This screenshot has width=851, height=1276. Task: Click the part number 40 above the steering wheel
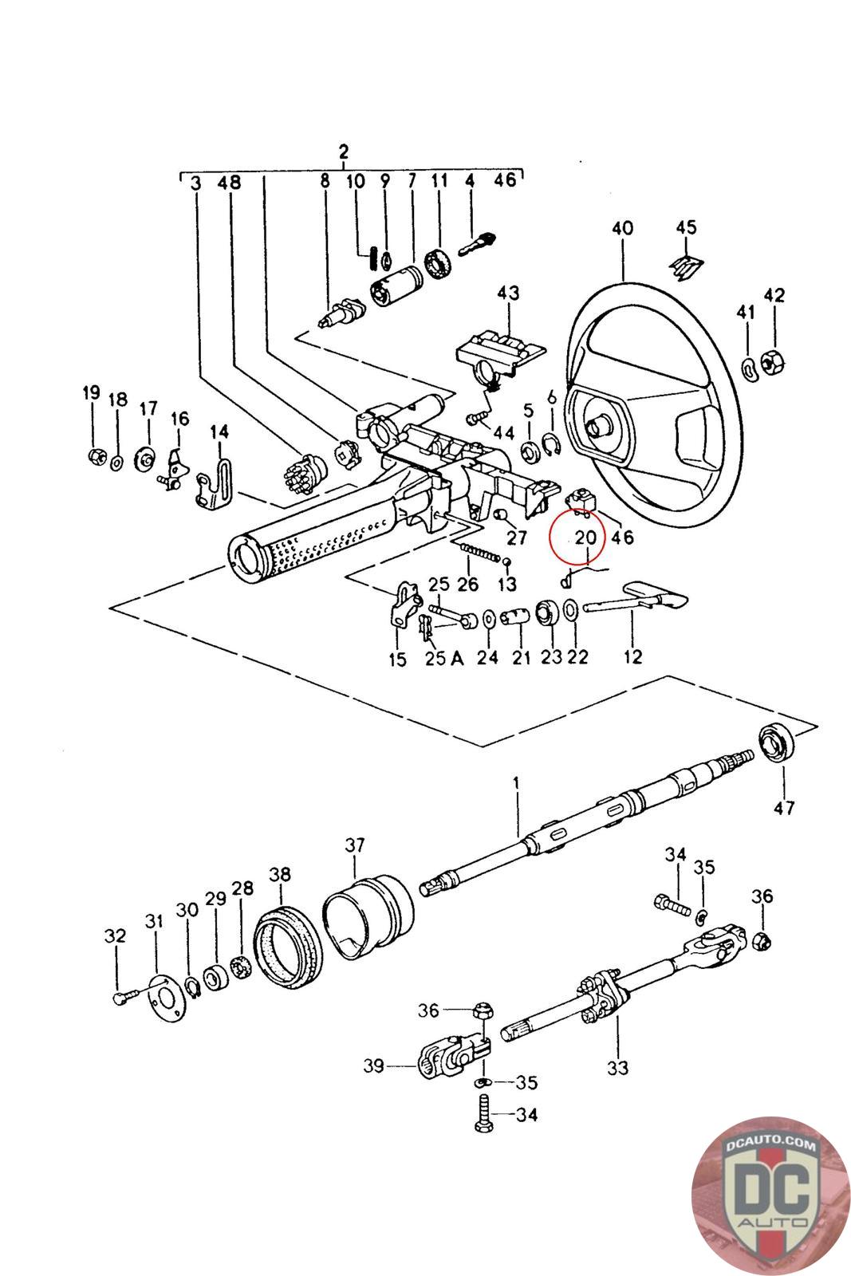coord(622,228)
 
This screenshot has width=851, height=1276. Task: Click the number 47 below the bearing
coord(784,808)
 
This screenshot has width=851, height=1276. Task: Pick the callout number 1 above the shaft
coord(516,782)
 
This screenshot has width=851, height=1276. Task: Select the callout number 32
coord(115,935)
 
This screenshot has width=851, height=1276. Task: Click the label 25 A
coord(444,659)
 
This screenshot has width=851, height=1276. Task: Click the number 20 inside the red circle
coord(585,538)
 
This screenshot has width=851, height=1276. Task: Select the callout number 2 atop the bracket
coord(343,152)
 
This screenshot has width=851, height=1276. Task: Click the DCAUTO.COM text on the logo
coord(770,1145)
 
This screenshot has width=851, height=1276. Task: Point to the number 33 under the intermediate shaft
coord(617,1068)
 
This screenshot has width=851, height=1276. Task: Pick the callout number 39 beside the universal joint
coord(374,1065)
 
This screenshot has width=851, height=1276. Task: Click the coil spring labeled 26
coord(479,551)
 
